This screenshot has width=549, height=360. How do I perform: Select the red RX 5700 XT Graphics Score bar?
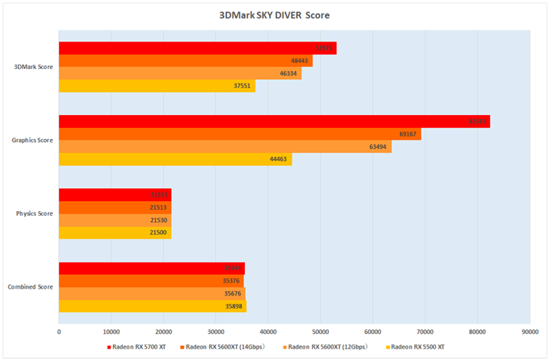pyautogui.click(x=274, y=122)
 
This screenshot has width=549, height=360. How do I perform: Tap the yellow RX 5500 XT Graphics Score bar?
pyautogui.click(x=175, y=159)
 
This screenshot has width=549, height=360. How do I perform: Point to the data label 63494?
pyautogui.click(x=381, y=147)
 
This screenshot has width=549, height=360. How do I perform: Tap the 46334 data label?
pyautogui.click(x=290, y=74)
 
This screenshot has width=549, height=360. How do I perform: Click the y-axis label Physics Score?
pyautogui.click(x=35, y=213)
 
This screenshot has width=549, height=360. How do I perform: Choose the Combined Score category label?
pyautogui.click(x=31, y=286)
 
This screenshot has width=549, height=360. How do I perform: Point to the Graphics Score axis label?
pyautogui.click(x=32, y=140)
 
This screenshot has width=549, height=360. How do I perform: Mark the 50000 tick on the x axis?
pyautogui.click(x=320, y=331)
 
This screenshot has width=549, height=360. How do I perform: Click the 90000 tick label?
pyautogui.click(x=530, y=331)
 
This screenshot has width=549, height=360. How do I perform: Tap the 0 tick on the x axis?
pyautogui.click(x=59, y=331)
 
